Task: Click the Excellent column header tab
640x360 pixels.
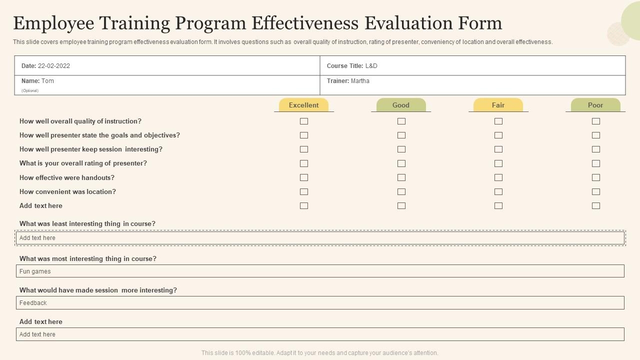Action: point(303,105)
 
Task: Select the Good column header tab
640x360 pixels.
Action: point(401,105)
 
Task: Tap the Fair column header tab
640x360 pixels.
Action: point(498,105)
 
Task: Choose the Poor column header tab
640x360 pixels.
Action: point(595,105)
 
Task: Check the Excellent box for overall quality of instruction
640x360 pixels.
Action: point(303,121)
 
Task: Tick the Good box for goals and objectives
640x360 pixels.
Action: point(401,135)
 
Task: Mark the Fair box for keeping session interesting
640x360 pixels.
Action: point(498,149)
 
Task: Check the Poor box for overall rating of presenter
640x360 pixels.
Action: point(595,163)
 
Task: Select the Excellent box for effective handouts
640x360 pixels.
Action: point(303,177)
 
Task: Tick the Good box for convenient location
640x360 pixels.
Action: point(401,191)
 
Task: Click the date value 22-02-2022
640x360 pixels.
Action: point(54,66)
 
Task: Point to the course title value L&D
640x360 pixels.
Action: point(371,66)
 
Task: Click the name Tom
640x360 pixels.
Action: point(48,81)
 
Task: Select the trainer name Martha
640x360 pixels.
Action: point(360,81)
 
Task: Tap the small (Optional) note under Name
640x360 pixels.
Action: point(30,90)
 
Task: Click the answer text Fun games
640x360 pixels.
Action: point(35,271)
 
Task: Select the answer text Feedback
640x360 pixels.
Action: point(33,303)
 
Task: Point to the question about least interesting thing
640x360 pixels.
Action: point(87,224)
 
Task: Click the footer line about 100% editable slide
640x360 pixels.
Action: point(320,353)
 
